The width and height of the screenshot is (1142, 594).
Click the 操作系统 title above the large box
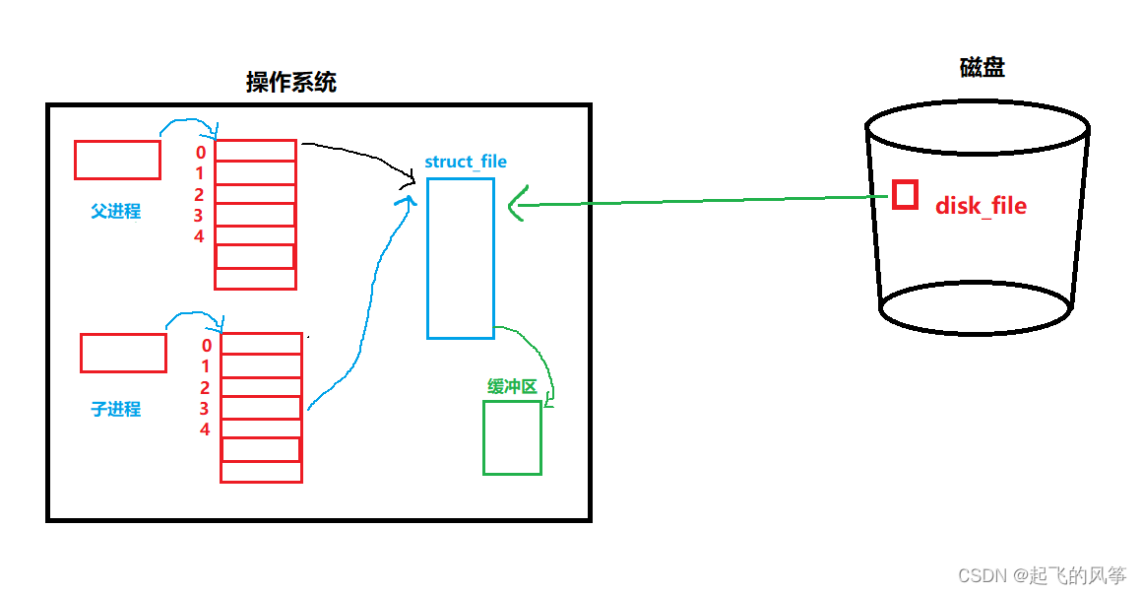tap(290, 83)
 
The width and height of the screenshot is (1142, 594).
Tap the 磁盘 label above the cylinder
tap(982, 68)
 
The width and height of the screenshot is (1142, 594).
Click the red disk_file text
tap(980, 206)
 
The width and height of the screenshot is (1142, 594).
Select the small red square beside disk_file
tap(905, 194)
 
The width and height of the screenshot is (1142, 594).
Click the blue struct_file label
tap(466, 162)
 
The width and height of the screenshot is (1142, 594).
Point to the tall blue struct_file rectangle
tap(460, 258)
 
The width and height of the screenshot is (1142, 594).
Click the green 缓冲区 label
tap(512, 387)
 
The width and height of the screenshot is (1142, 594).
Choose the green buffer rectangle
tap(512, 437)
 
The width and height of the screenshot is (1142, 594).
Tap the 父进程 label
tap(116, 211)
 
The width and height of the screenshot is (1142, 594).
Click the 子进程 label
tap(116, 409)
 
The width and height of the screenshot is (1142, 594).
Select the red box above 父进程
tap(117, 160)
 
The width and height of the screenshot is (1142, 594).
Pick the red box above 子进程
tap(123, 353)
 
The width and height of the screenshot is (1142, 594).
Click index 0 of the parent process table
tap(201, 153)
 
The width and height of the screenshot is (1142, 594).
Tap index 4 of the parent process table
tap(199, 236)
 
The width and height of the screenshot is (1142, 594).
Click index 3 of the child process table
tap(205, 409)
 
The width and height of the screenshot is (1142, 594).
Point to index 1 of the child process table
tap(206, 366)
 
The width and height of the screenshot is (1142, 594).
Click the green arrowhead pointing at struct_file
tap(516, 206)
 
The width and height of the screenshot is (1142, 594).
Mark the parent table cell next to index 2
tap(255, 193)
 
